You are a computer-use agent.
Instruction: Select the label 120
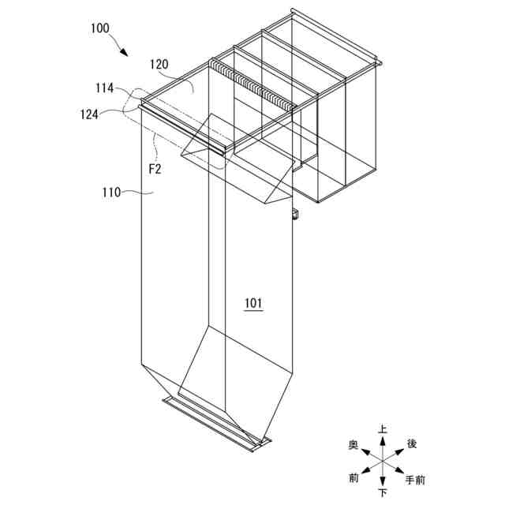[x=160, y=65]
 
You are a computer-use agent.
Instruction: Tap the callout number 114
[x=105, y=88]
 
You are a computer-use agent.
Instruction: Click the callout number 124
[x=88, y=114]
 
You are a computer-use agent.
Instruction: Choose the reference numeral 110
[x=112, y=191]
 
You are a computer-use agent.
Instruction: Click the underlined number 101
[x=253, y=302]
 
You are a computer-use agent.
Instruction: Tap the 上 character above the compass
[x=383, y=429]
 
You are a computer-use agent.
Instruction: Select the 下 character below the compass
[x=383, y=493]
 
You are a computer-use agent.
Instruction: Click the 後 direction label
[x=411, y=444]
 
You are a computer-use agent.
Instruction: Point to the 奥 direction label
[x=354, y=446]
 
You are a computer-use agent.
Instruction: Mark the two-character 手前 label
[x=416, y=479]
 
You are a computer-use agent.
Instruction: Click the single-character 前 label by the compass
[x=354, y=478]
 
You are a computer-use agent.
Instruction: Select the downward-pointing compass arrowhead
[x=383, y=482]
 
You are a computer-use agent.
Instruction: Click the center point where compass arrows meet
[x=383, y=462]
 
